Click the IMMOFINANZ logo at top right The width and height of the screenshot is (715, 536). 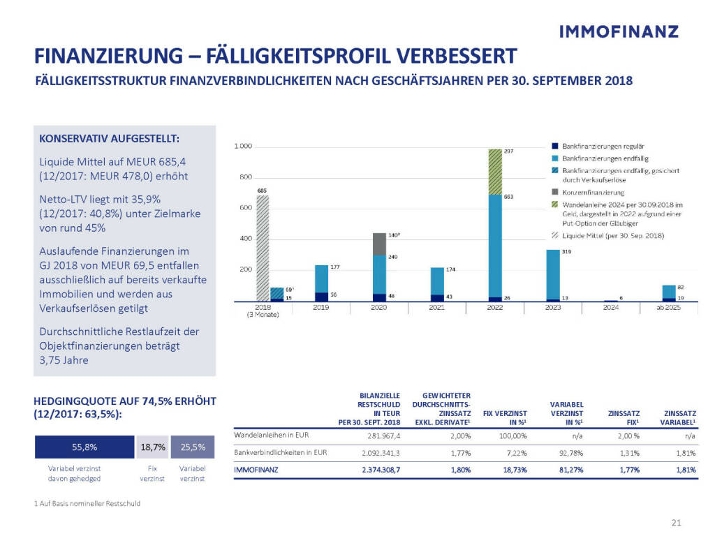[x=619, y=31]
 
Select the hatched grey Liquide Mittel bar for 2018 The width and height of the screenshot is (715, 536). [x=263, y=248]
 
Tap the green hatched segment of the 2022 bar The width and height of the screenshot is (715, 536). [x=495, y=172]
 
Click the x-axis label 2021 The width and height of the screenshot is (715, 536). [x=437, y=307]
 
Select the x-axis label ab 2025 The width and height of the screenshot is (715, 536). [x=670, y=307]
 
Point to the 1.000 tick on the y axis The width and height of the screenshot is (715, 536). [x=242, y=147]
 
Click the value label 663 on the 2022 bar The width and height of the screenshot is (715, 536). [x=510, y=197]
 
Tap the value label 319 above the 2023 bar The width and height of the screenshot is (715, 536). [x=568, y=253]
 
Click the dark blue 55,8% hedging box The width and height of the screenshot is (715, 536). [x=84, y=447]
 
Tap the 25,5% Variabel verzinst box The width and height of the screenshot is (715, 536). [x=192, y=447]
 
